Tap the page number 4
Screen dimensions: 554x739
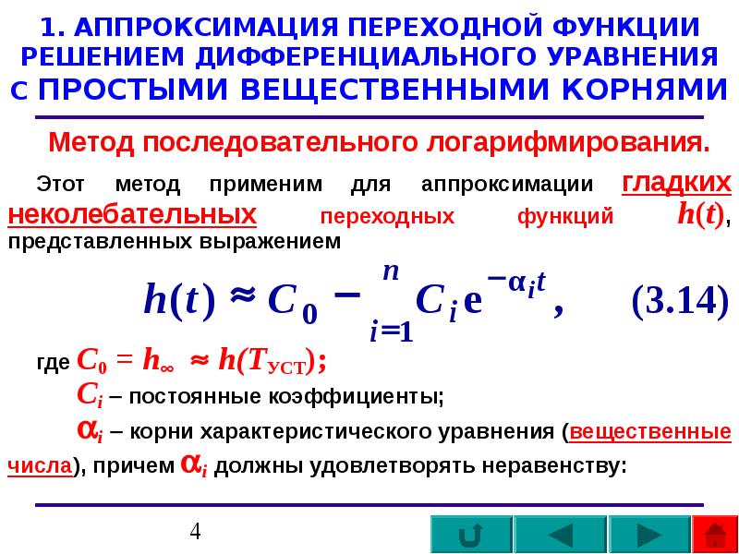point(195,532)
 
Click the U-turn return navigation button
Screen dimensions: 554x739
point(470,536)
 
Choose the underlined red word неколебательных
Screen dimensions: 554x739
point(131,214)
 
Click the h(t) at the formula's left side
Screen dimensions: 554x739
point(179,300)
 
